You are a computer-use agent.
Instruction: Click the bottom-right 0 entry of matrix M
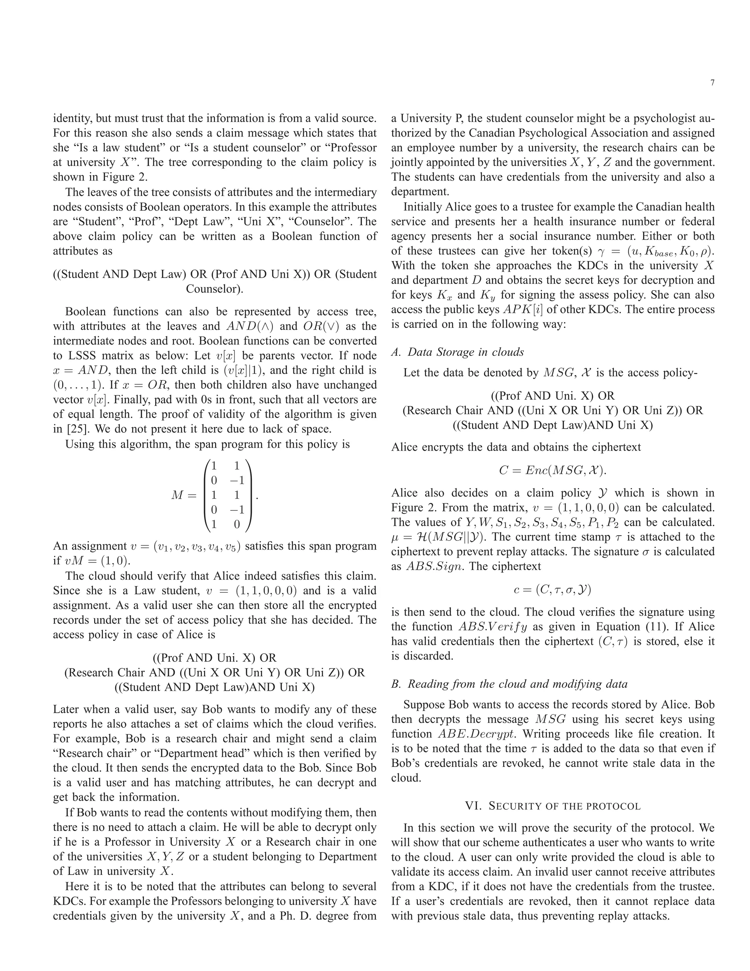237,525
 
